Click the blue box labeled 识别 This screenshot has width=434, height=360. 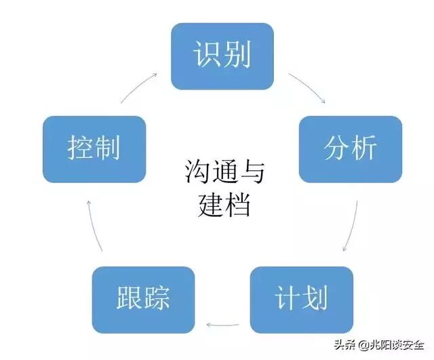click(x=222, y=56)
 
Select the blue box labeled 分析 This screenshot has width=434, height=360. click(x=350, y=148)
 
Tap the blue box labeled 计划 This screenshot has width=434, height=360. click(x=302, y=298)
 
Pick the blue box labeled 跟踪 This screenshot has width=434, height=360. click(x=143, y=298)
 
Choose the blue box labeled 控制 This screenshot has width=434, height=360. click(x=94, y=148)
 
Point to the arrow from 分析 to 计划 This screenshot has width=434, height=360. click(x=355, y=226)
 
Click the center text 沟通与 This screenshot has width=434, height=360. click(x=224, y=172)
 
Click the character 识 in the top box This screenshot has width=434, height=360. click(x=208, y=56)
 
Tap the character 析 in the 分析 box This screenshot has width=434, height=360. click(x=365, y=148)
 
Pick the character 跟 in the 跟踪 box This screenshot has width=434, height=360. click(x=128, y=298)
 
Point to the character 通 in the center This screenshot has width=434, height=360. click(x=224, y=172)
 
